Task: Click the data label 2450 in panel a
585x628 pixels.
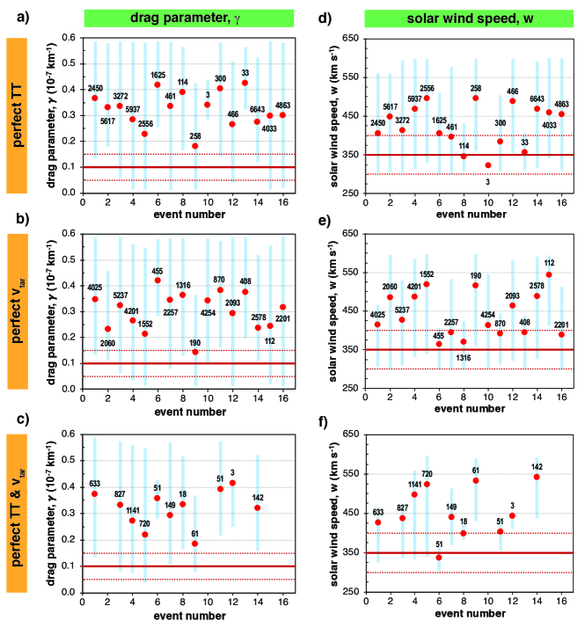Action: point(94,88)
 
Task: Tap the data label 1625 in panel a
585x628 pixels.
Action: point(158,75)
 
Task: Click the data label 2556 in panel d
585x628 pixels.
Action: point(427,89)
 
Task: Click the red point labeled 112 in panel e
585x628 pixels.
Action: point(549,274)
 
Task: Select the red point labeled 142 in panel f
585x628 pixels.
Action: point(537,477)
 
